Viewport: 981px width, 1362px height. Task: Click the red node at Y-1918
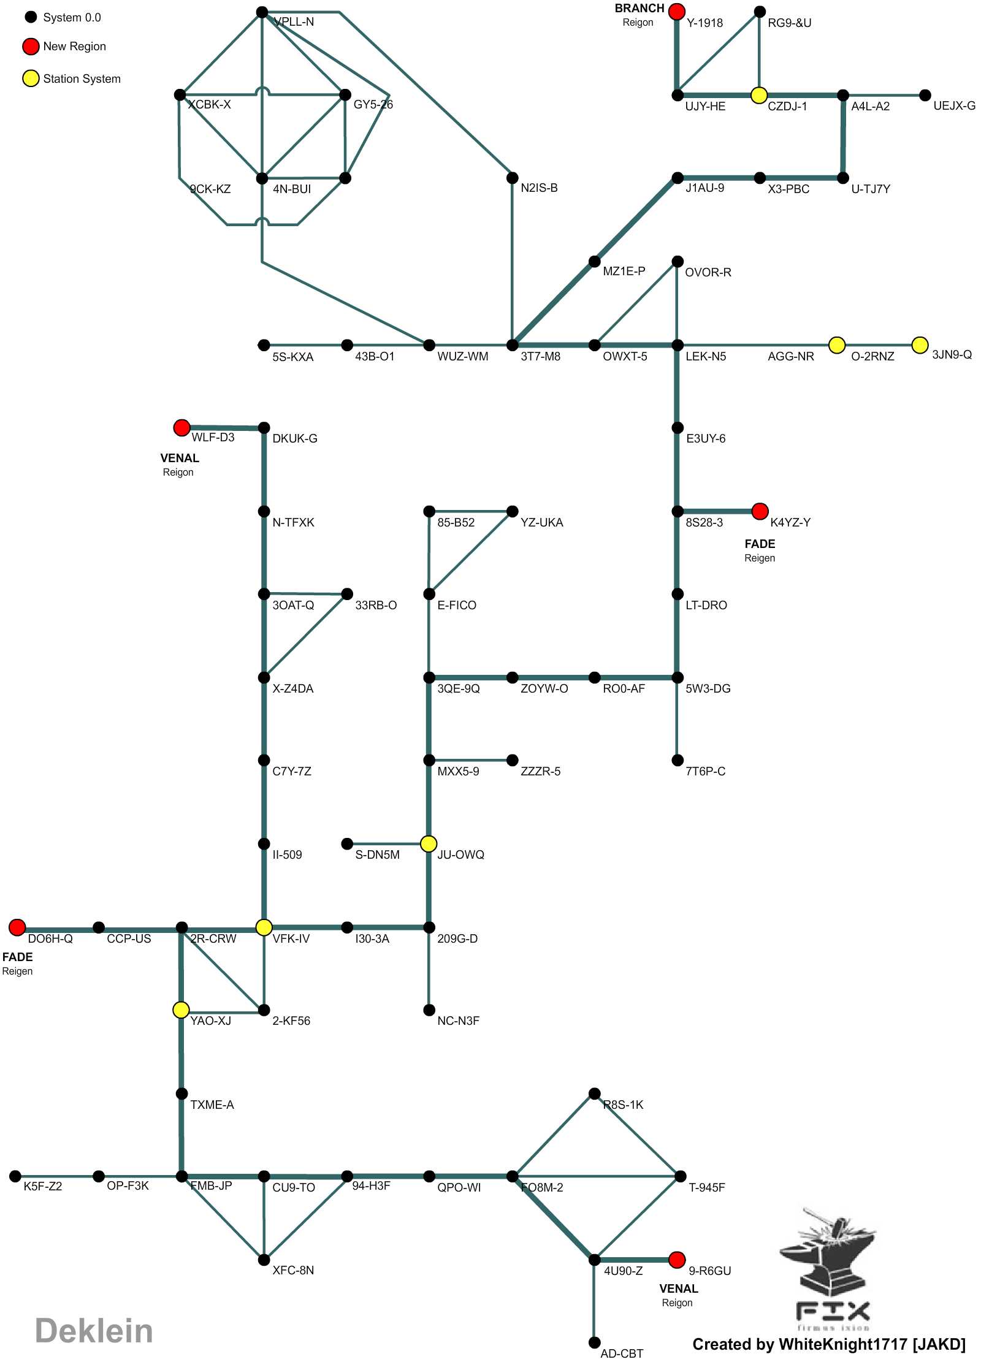(x=676, y=11)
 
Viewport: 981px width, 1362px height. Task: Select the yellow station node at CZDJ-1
(x=759, y=95)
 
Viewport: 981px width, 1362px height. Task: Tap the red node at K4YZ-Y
(x=760, y=511)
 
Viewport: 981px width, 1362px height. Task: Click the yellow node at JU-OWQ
(x=429, y=843)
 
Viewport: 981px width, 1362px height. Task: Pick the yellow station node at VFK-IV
(x=264, y=927)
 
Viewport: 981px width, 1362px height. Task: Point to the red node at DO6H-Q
(x=17, y=927)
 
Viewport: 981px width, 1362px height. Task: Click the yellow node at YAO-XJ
(x=181, y=1010)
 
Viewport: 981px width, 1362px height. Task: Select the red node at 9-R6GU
(x=677, y=1260)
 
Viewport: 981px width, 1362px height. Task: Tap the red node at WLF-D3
(x=181, y=427)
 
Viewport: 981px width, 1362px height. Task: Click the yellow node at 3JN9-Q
(x=920, y=345)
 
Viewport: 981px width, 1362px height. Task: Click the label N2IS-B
(x=539, y=188)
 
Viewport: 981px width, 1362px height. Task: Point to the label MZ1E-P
(x=624, y=271)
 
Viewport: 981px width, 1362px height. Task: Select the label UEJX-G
(x=954, y=106)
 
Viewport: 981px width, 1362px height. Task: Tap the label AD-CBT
(x=622, y=1353)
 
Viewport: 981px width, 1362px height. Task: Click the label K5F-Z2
(x=43, y=1186)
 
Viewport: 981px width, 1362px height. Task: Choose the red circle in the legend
(x=31, y=47)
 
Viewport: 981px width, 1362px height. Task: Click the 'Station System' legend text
(x=82, y=79)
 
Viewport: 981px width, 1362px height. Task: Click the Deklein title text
(x=94, y=1331)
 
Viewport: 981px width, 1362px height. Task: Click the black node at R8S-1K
(x=594, y=1094)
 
